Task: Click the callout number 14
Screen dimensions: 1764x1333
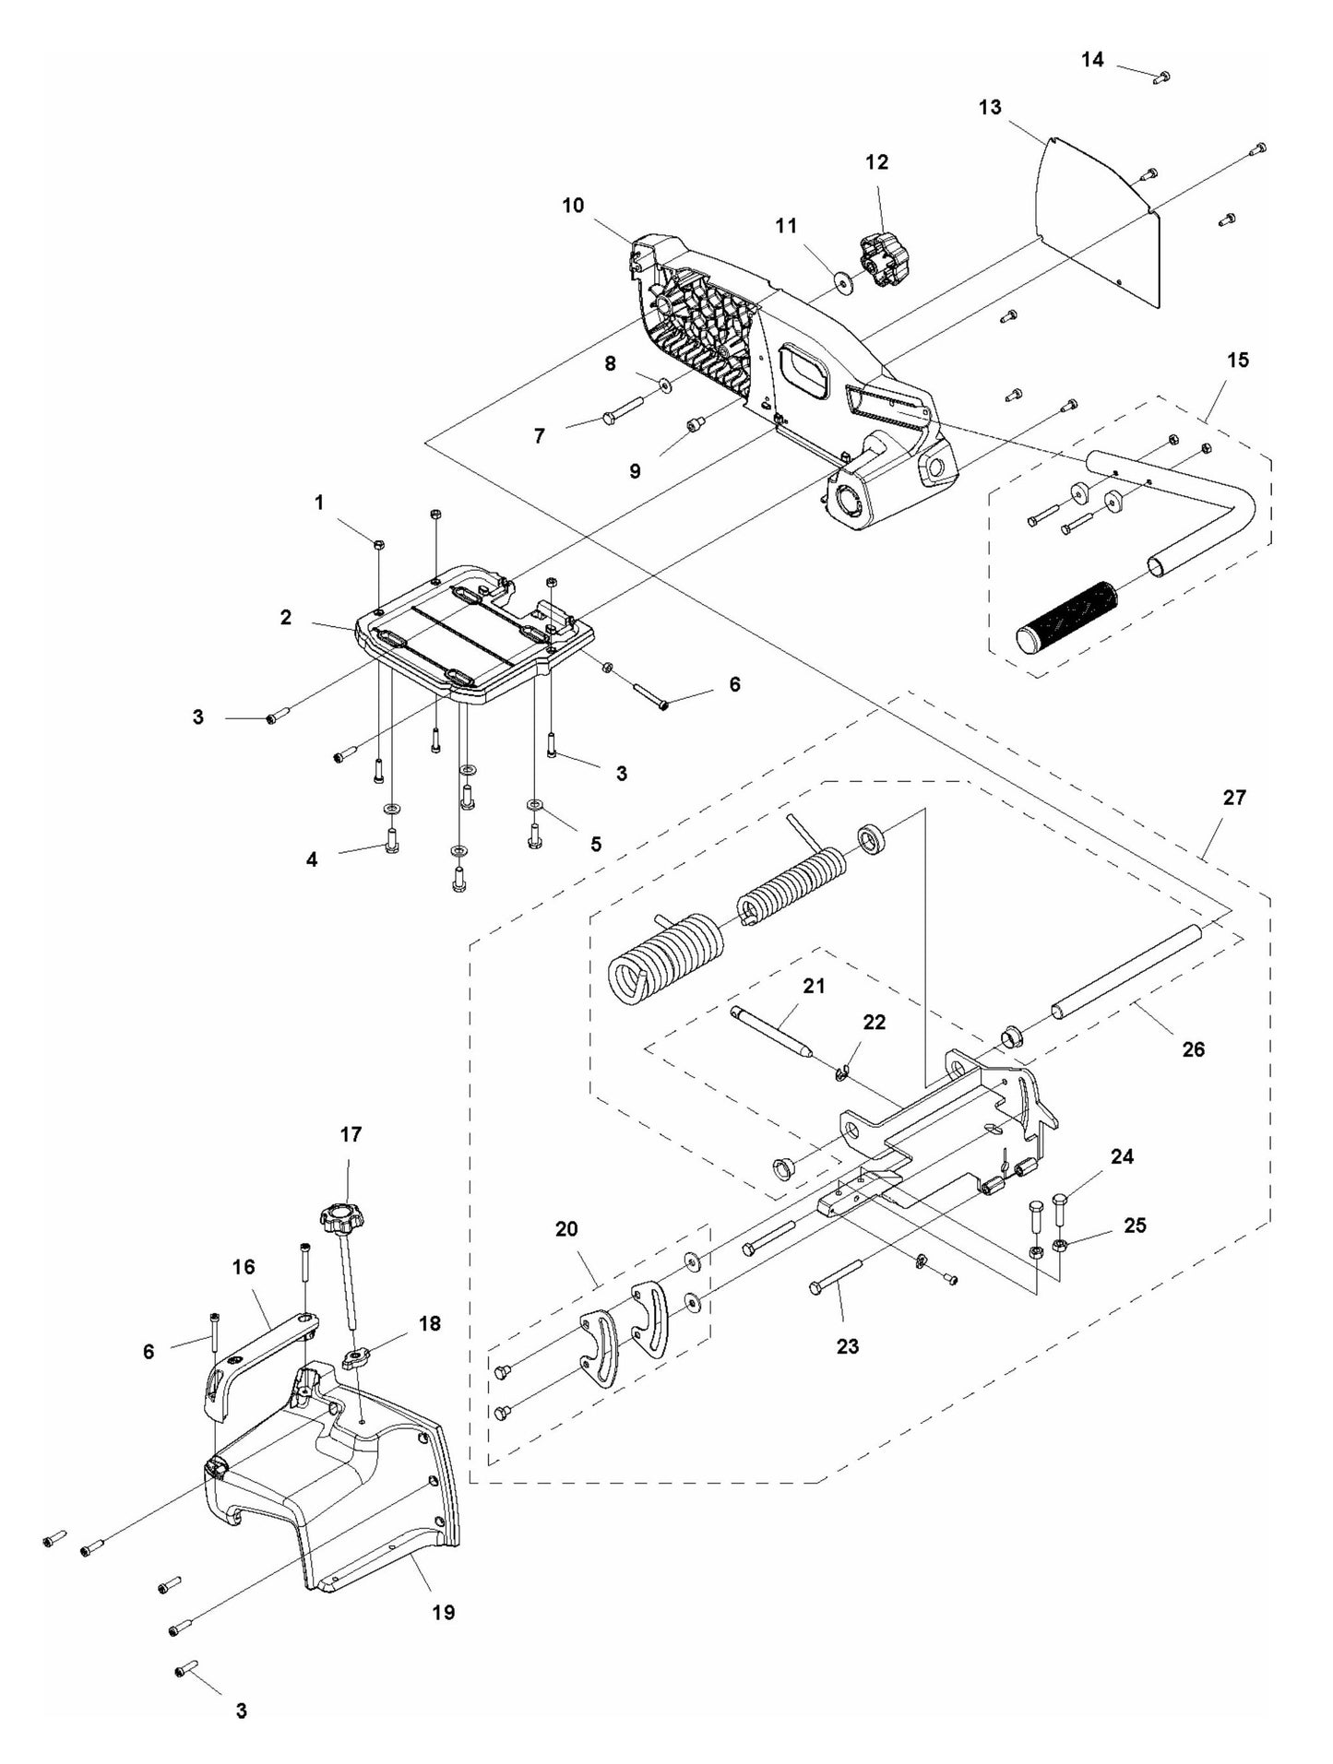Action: tap(1091, 60)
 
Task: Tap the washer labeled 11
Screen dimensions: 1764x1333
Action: tap(843, 279)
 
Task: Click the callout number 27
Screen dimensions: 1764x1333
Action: tap(1234, 797)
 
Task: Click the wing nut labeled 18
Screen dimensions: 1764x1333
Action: tap(356, 1356)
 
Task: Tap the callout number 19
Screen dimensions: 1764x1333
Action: tap(444, 1611)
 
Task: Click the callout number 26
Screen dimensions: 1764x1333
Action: tap(1193, 1048)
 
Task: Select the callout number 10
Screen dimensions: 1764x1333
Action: tap(573, 205)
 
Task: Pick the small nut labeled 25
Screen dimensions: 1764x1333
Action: tap(1060, 1245)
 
